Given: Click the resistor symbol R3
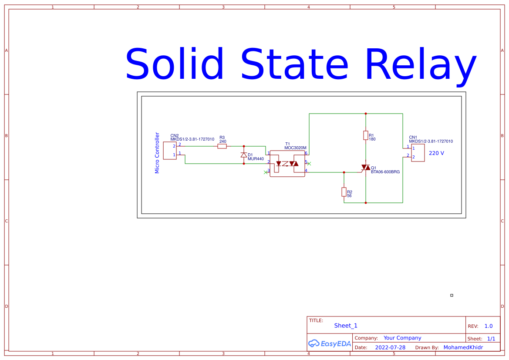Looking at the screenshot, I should coord(222,146).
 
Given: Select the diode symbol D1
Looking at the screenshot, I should coord(244,155).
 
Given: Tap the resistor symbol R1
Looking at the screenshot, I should coord(366,135).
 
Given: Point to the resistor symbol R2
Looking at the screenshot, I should coord(344,192).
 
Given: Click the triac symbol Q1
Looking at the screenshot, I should coord(366,168).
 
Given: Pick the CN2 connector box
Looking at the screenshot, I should coord(170,151).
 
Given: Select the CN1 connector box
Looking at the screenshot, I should coord(418,152).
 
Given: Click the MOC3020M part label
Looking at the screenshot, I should coord(295,148).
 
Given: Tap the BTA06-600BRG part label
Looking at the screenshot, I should coord(385,172).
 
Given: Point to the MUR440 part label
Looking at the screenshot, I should coord(256,159).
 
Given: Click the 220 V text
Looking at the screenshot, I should coord(436,153).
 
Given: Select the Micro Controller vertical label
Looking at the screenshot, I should coord(157,153).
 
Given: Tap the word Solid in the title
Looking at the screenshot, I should coord(175,65).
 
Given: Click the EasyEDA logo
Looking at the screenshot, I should coord(329,343).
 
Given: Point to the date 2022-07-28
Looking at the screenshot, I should coord(390,347).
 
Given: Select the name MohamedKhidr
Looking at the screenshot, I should coord(463,347).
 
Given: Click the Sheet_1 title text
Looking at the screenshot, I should coord(346,326).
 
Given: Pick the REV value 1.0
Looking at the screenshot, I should coord(489,326).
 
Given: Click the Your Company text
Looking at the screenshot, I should coord(402,338).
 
